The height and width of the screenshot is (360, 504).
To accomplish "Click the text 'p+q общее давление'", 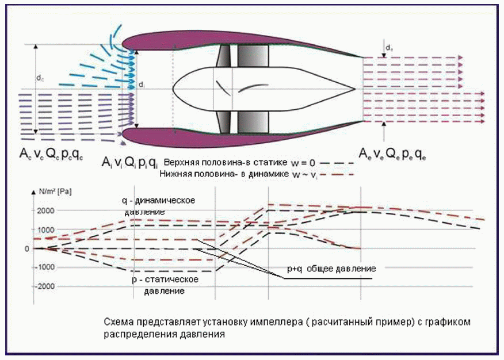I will coord(332,269).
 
